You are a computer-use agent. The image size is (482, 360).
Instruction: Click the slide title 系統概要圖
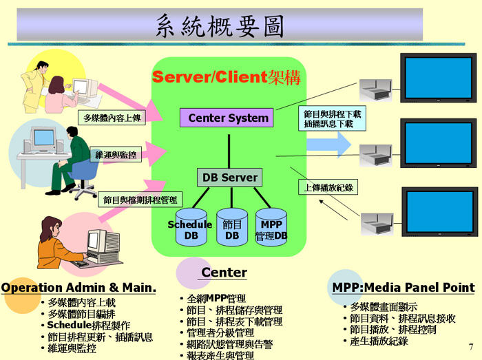(220, 25)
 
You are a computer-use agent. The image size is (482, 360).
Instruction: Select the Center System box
(228, 118)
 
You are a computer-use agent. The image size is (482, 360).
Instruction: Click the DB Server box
(229, 177)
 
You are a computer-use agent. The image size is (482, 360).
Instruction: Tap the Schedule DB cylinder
(190, 228)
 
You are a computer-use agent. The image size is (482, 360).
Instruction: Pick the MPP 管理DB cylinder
(271, 228)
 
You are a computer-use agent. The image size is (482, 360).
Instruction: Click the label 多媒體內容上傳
(109, 118)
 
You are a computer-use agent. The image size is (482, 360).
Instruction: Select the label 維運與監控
(115, 155)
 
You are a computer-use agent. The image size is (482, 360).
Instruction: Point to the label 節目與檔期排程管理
(140, 200)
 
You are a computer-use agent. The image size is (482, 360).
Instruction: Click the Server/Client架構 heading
(227, 76)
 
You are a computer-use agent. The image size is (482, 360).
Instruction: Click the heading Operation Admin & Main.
(79, 288)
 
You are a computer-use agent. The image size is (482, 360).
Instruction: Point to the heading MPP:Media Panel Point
(403, 288)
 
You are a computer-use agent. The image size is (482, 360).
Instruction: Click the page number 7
(471, 346)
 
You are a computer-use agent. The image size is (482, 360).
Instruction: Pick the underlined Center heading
(224, 273)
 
